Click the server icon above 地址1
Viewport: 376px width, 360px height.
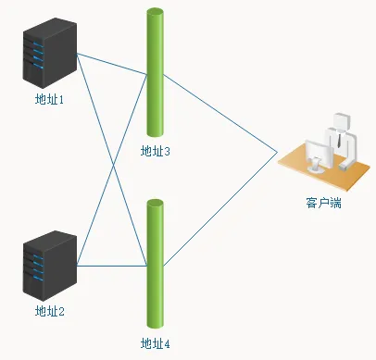coord(49,56)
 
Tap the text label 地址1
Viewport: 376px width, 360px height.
coord(49,99)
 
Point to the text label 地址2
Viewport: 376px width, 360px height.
coord(49,311)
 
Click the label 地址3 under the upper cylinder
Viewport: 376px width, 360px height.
coord(155,151)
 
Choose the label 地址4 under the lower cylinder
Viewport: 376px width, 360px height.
coord(155,343)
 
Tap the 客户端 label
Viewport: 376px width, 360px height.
coord(323,202)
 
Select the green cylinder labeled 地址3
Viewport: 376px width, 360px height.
coord(155,74)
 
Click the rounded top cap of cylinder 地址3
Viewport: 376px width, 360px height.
coord(155,12)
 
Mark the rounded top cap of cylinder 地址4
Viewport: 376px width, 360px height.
coord(155,201)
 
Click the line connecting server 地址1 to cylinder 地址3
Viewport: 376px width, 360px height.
coord(111,64)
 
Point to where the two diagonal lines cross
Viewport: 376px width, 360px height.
coord(113,165)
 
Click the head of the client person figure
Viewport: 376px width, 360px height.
coord(341,121)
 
